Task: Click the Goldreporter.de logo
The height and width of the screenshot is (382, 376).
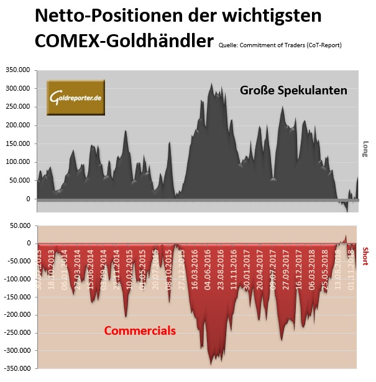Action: point(76,97)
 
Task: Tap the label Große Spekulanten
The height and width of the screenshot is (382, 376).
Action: point(293,91)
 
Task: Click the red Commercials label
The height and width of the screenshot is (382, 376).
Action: point(140,330)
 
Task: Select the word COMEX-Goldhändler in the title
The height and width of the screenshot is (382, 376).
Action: point(124,42)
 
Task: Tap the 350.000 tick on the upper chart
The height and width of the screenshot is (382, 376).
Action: point(21,70)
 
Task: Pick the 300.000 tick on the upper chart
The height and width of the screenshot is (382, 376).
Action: point(21,89)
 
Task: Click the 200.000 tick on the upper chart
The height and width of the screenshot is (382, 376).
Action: point(21,125)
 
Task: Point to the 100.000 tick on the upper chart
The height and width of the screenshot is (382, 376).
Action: point(21,162)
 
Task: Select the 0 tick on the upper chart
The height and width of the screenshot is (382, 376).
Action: point(28,199)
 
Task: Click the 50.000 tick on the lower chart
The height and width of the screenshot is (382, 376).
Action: point(22,225)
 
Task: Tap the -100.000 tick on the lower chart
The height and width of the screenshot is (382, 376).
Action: point(19,280)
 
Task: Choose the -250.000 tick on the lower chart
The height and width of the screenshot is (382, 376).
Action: point(19,333)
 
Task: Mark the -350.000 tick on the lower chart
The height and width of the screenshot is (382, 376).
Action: point(19,369)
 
